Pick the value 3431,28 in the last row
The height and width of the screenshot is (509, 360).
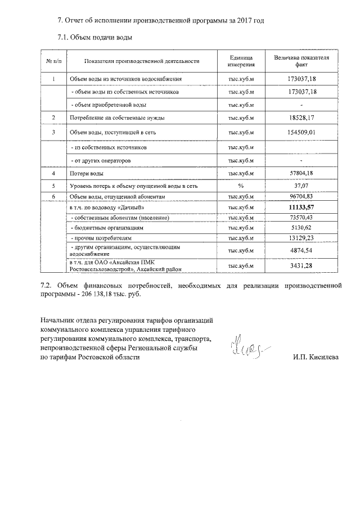(x=301, y=265)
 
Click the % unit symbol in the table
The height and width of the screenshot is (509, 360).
(x=241, y=185)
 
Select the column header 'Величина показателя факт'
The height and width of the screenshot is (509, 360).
(x=301, y=61)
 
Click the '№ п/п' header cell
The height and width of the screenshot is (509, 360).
(x=53, y=61)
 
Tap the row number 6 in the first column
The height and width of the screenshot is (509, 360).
(x=53, y=197)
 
